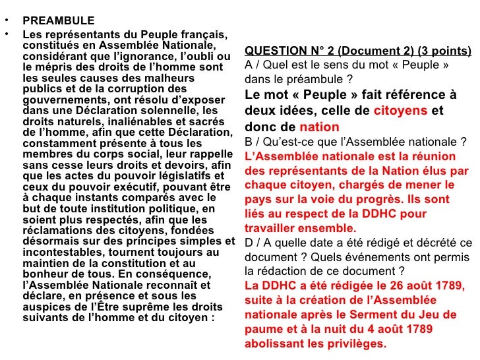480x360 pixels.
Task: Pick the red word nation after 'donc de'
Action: click(x=319, y=127)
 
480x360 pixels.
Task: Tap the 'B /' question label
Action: click(x=251, y=142)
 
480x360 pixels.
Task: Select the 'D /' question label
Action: click(x=252, y=243)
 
